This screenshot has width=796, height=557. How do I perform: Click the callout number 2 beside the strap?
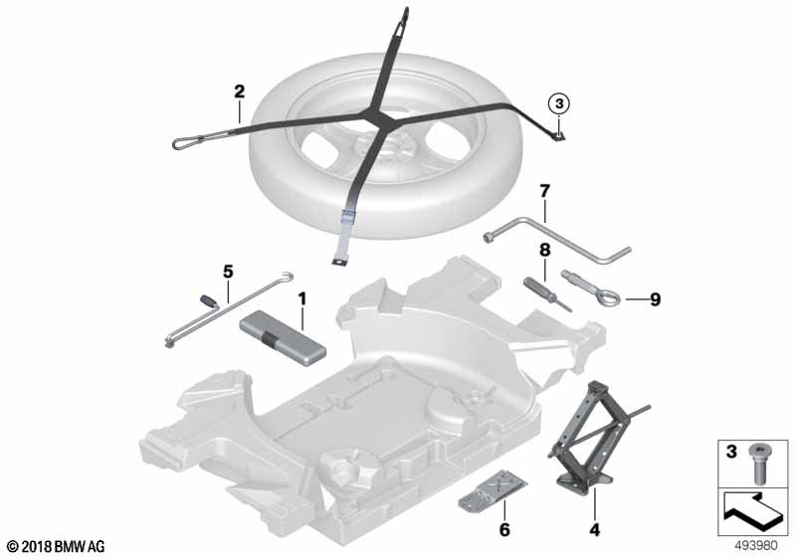click(x=239, y=92)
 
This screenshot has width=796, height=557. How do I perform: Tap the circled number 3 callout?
click(x=559, y=104)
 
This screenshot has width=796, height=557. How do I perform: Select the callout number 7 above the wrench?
click(x=544, y=192)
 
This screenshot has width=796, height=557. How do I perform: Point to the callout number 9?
click(x=656, y=299)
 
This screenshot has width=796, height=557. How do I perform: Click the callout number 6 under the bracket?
click(x=504, y=529)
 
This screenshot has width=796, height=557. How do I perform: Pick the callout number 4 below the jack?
click(x=594, y=530)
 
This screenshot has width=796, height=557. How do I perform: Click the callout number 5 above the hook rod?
click(x=228, y=272)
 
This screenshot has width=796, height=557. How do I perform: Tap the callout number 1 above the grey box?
click(x=302, y=299)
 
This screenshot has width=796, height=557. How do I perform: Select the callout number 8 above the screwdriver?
click(x=544, y=250)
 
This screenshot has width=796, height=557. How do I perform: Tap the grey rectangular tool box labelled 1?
click(x=283, y=337)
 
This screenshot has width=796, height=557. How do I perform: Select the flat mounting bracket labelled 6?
click(x=493, y=489)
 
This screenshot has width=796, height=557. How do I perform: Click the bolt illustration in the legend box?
click(x=759, y=464)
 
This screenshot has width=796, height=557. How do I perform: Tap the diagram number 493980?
click(x=756, y=546)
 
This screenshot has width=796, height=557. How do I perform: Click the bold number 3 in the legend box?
click(x=731, y=452)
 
